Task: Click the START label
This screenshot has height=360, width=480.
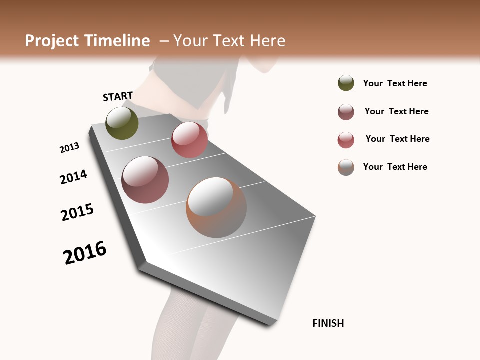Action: click(118, 96)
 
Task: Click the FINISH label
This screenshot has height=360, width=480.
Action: click(328, 323)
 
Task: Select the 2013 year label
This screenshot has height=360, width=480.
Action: click(69, 148)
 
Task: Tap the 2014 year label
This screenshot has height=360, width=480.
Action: click(73, 177)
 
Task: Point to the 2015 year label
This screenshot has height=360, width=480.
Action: click(77, 212)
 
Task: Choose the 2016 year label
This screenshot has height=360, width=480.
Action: click(85, 253)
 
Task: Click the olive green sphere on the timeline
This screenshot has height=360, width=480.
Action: click(122, 123)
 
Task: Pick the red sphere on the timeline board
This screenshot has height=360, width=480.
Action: click(189, 140)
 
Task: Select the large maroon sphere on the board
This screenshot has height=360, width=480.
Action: click(145, 180)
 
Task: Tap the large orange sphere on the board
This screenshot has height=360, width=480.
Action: click(216, 207)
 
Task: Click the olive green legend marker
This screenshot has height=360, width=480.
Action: click(346, 83)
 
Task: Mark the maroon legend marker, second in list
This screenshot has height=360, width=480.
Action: click(346, 112)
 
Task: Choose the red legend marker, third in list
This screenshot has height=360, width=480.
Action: click(346, 140)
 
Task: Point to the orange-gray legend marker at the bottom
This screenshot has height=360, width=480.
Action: click(346, 167)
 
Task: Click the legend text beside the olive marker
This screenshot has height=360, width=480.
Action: click(395, 83)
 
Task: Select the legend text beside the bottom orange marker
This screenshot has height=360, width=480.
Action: click(395, 167)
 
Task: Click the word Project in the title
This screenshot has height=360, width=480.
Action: click(52, 41)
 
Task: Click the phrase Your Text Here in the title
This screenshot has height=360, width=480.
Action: click(229, 41)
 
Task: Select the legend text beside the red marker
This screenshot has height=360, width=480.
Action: click(397, 139)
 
